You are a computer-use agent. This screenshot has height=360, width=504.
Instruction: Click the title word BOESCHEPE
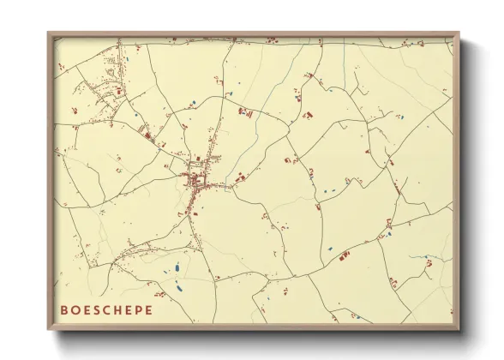click(107, 309)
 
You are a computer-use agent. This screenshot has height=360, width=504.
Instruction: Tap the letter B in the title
click(64, 309)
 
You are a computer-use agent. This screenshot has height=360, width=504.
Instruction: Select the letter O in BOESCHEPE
click(75, 309)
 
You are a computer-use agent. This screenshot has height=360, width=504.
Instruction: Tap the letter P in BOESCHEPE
click(140, 309)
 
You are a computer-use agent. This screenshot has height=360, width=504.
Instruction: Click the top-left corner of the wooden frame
click(49, 33)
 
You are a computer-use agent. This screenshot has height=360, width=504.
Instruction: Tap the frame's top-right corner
click(459, 33)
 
